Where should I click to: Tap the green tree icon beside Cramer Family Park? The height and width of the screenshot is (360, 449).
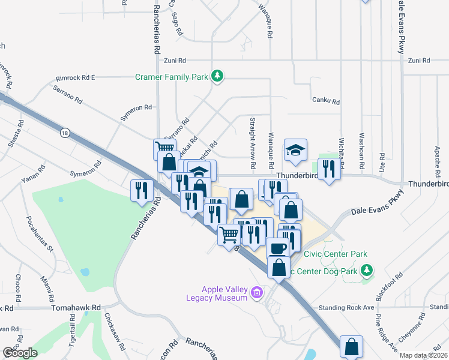pyautogui.click(x=217, y=76)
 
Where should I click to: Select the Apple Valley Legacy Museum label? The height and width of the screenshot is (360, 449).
pyautogui.click(x=224, y=293)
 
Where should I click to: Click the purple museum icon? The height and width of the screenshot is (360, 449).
pyautogui.click(x=258, y=293)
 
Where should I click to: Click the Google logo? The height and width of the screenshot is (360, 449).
pyautogui.click(x=20, y=352)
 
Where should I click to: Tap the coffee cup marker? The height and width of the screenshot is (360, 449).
pyautogui.click(x=277, y=247)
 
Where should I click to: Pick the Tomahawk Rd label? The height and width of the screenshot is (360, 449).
pyautogui.click(x=76, y=308)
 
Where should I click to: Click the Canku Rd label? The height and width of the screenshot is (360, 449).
pyautogui.click(x=326, y=102)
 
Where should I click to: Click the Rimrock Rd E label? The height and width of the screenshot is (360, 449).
pyautogui.click(x=76, y=77)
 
